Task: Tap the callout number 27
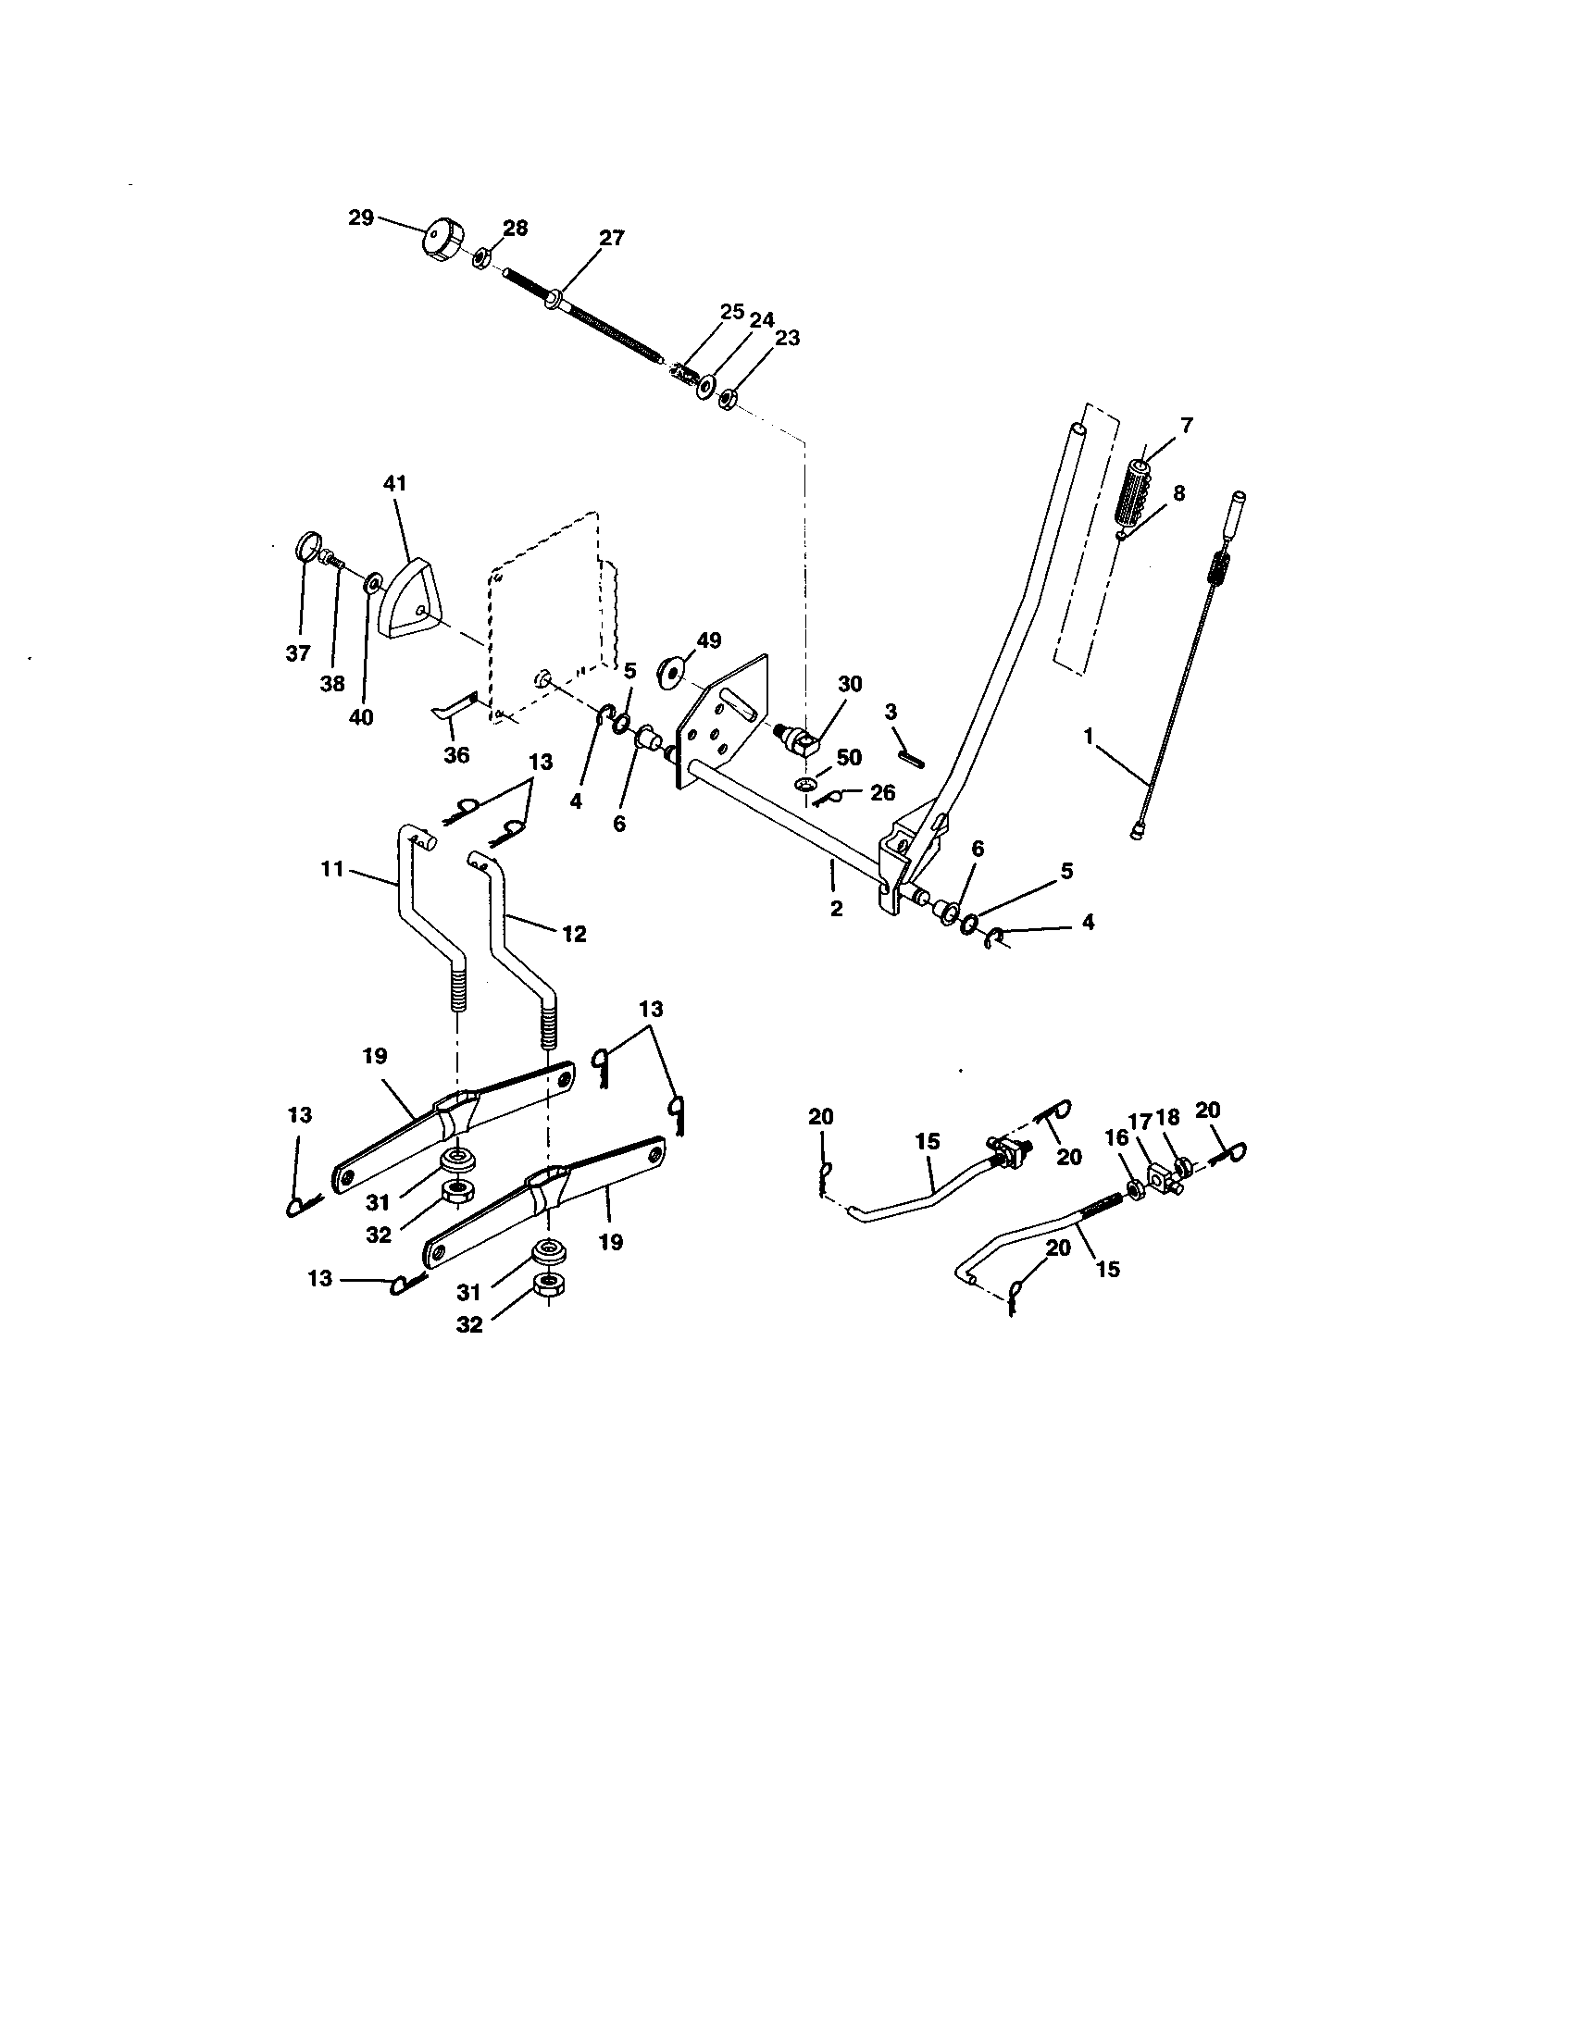(612, 238)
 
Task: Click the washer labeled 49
(671, 670)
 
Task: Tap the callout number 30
(849, 683)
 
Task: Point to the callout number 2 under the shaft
(836, 908)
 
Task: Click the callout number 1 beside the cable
(1087, 736)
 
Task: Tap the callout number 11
(333, 869)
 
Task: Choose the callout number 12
(574, 932)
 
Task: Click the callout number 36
(455, 754)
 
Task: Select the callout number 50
(848, 757)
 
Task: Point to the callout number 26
(882, 792)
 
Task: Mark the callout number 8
(1179, 492)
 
